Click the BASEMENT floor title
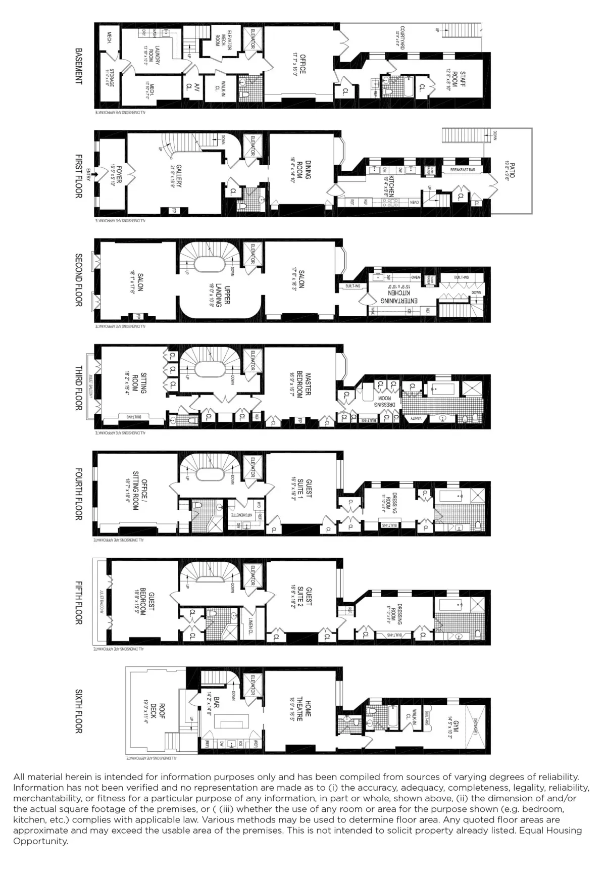pos(78,66)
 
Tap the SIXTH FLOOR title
pos(78,711)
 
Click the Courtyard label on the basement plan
pos(400,37)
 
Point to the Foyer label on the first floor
pos(112,175)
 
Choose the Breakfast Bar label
pos(463,170)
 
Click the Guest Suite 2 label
pos(306,599)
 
